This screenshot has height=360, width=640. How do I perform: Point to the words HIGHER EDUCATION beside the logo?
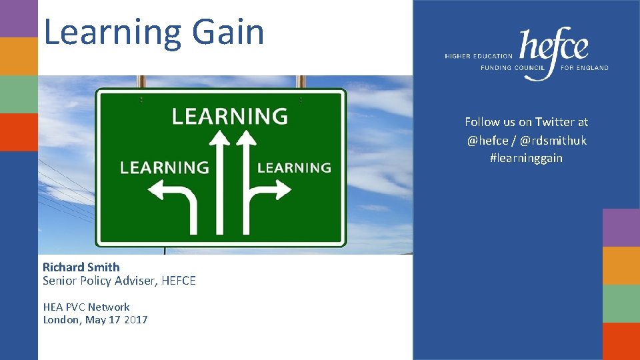479,57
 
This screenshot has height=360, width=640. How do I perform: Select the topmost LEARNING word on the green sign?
229,116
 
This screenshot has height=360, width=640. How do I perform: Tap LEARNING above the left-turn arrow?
164,167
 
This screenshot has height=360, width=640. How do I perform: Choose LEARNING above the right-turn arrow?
294,167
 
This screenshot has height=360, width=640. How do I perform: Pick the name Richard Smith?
81,267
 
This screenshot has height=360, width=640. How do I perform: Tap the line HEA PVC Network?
86,307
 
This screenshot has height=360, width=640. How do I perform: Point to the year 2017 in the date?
135,320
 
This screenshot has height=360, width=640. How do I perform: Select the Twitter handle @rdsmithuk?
553,140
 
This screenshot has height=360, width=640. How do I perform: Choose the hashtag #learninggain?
526,158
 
